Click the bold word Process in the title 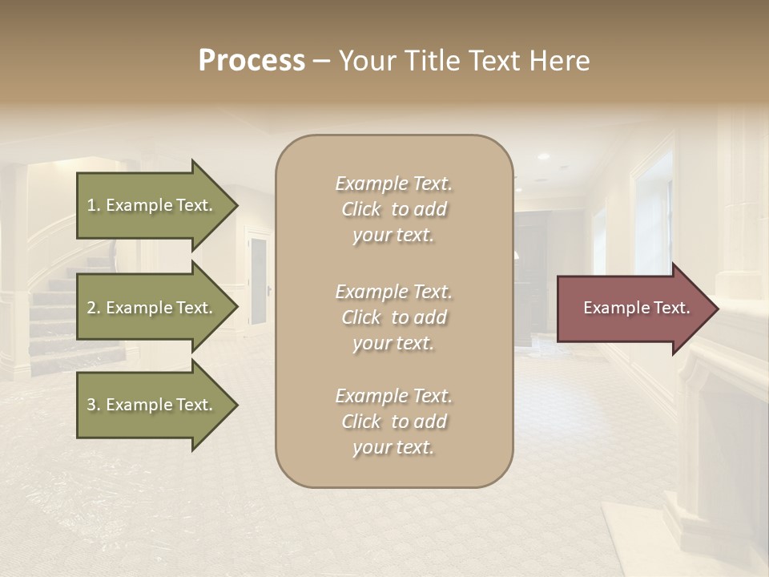coord(252,61)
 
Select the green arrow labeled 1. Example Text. coord(152,205)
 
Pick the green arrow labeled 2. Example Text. coord(152,308)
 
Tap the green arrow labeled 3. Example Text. coord(152,405)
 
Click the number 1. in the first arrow coord(94,205)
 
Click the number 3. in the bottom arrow coord(94,405)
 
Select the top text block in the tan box coord(393,209)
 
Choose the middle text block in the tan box coord(393,317)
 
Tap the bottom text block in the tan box coord(393,422)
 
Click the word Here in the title coord(560,61)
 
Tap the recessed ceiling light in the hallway coord(544,155)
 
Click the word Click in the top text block coord(361,209)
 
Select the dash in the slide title coord(321,61)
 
